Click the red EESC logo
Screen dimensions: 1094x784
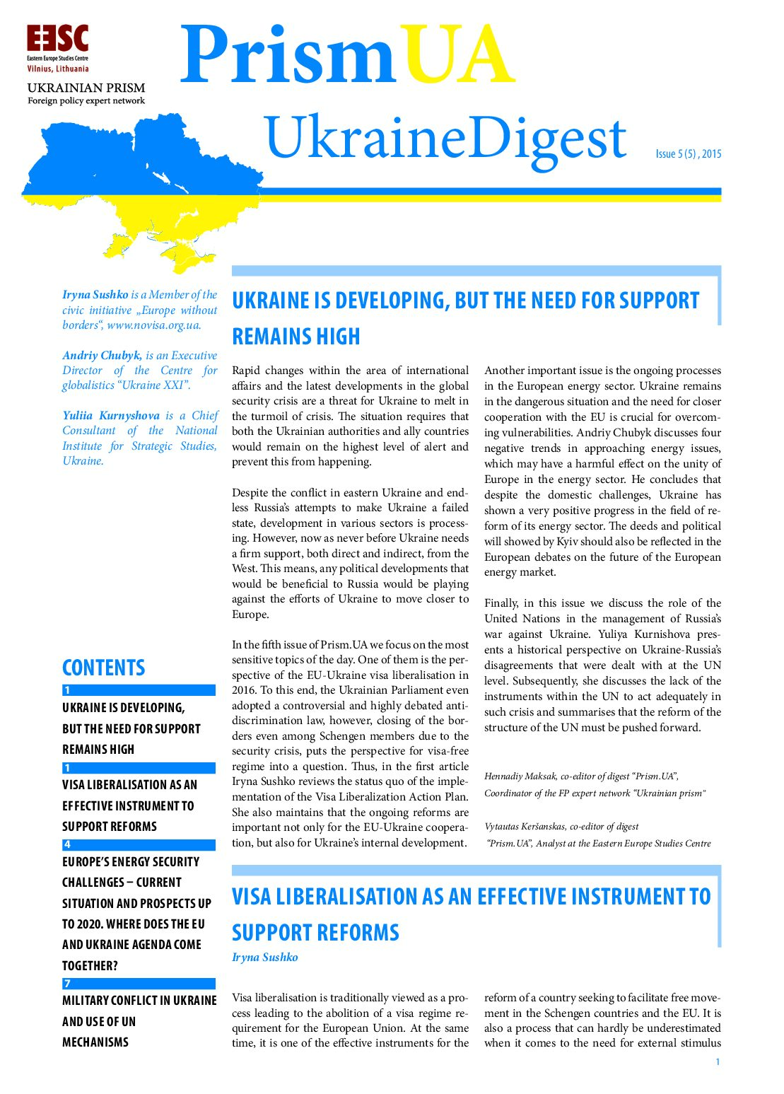57,38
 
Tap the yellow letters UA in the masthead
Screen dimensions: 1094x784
457,56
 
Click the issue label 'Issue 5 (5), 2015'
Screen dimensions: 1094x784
688,153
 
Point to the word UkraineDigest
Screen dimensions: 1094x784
445,138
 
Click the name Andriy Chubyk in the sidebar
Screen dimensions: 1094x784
102,355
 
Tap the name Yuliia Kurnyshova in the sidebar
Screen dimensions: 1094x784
111,415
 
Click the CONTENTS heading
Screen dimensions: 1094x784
103,668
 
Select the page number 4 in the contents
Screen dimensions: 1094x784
67,844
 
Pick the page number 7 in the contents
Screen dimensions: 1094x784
67,983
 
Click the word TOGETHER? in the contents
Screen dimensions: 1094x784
90,965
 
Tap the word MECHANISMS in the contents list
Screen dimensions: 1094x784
95,1042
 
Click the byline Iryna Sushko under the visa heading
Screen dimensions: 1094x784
264,957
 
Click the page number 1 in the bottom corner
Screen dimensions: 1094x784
718,1061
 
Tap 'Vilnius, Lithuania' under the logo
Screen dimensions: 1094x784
58,69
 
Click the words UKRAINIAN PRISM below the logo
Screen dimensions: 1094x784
86,88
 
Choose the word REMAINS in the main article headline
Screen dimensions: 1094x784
269,336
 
